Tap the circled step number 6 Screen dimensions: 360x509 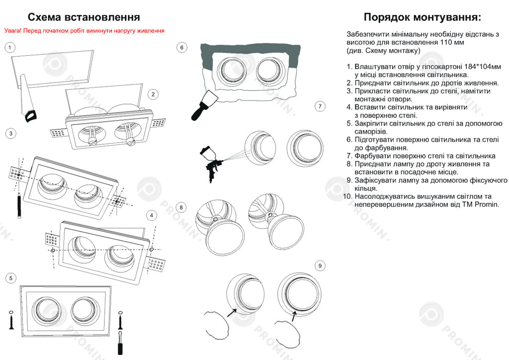click(x=182, y=47)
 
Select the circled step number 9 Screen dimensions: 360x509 click(x=320, y=266)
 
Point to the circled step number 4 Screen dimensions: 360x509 click(x=153, y=215)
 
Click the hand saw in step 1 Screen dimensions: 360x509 click(x=25, y=99)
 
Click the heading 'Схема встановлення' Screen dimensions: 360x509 click(x=84, y=18)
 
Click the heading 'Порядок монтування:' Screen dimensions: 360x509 click(x=423, y=17)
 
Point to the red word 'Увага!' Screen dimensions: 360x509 click(x=13, y=31)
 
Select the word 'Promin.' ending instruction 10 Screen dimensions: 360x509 click(x=487, y=204)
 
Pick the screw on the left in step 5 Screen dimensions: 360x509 click(x=11, y=322)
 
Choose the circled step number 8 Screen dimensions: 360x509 click(x=182, y=207)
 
